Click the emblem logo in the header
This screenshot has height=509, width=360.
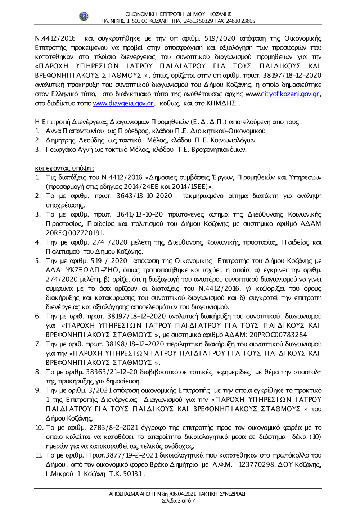(x=84, y=16)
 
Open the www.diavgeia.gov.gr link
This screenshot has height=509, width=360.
(x=123, y=104)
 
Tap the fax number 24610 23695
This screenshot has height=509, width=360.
(x=241, y=21)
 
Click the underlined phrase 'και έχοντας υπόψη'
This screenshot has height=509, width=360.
(x=64, y=168)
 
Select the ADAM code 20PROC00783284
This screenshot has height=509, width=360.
(x=278, y=335)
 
